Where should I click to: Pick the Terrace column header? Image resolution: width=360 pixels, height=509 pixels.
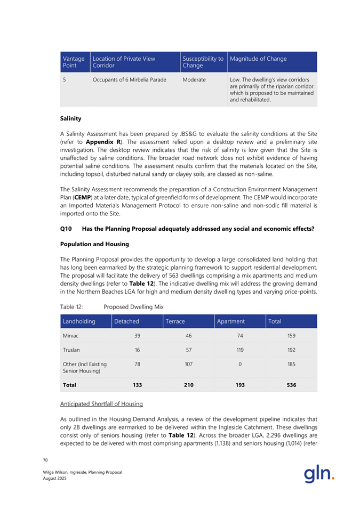174,322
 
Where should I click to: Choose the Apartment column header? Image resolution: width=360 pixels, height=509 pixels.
231,322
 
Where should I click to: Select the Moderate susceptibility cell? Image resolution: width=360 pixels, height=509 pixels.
194,80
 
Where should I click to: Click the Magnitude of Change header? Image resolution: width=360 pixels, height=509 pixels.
258,59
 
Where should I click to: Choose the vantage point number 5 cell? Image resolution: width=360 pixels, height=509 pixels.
65,80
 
